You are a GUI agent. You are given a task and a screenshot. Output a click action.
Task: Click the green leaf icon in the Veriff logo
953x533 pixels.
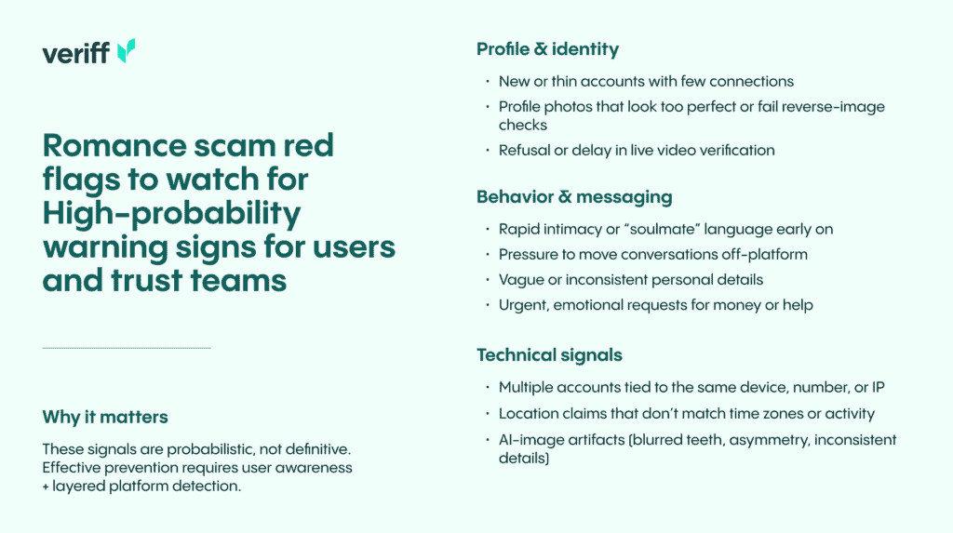(x=126, y=51)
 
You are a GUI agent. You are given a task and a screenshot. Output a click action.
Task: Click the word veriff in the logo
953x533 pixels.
(x=76, y=53)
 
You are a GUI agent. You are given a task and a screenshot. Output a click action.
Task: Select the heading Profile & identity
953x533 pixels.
(x=547, y=49)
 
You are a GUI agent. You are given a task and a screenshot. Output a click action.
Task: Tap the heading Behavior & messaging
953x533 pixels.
(x=574, y=197)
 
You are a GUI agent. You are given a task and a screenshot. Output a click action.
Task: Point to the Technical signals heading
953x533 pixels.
(x=549, y=355)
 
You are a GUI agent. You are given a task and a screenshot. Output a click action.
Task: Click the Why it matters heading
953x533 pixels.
(x=105, y=417)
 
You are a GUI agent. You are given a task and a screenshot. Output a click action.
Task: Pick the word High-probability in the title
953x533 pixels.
(x=171, y=214)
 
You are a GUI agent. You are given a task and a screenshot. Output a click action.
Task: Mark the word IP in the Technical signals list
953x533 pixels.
(x=879, y=387)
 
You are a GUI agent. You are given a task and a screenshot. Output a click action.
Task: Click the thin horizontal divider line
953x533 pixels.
(x=127, y=348)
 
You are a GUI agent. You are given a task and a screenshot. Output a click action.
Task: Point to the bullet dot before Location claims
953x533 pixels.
(x=488, y=413)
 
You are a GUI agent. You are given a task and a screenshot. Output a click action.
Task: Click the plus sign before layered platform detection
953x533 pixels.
(x=46, y=486)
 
